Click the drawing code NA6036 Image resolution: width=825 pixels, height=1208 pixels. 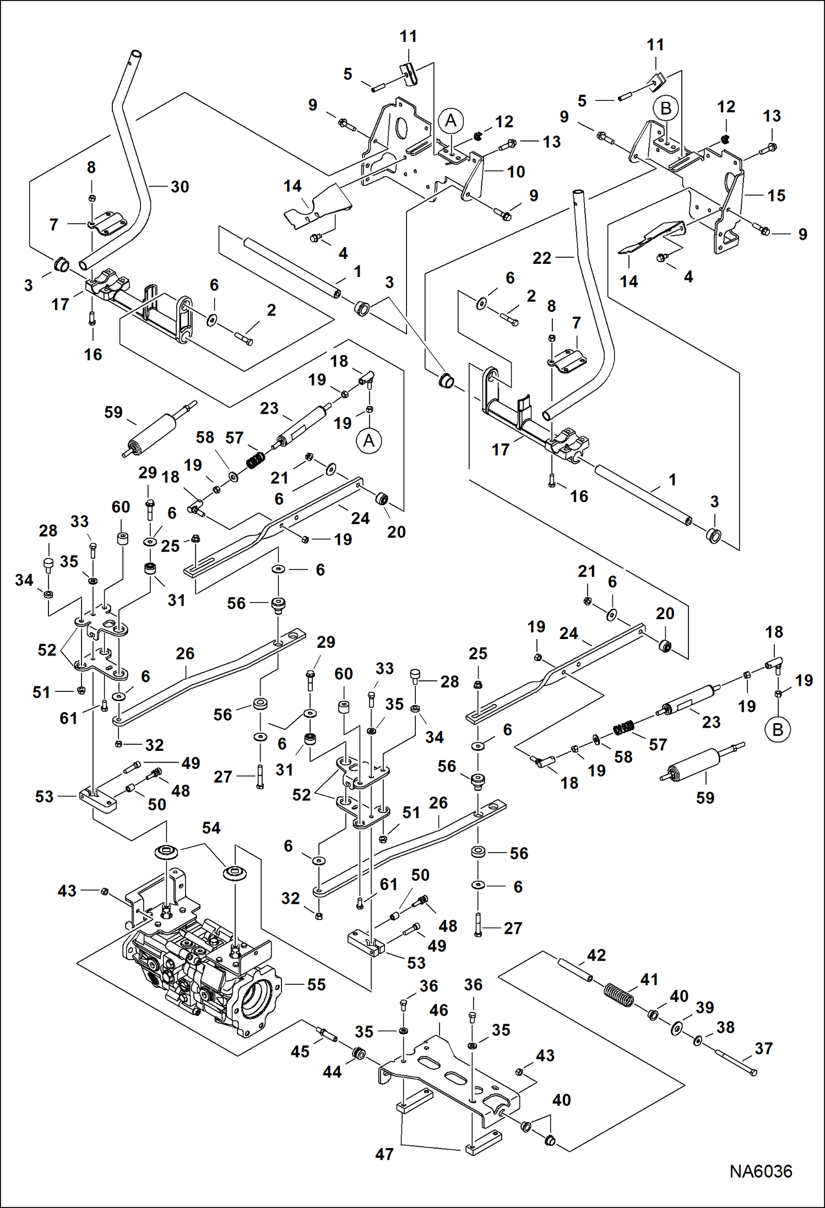click(x=761, y=1171)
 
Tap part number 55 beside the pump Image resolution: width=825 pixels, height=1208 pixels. click(x=316, y=984)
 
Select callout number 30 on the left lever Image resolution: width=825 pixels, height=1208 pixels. click(x=180, y=187)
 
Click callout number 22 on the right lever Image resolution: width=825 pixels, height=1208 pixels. click(x=541, y=258)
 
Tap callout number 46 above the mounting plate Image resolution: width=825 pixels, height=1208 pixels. click(x=438, y=1010)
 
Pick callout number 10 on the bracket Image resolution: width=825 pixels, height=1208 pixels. click(x=515, y=172)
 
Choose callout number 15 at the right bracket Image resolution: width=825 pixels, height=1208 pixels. click(x=776, y=196)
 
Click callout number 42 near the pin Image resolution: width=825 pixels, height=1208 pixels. click(x=596, y=955)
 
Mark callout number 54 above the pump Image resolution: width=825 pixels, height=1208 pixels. click(x=211, y=828)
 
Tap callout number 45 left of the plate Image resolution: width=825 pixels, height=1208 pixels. click(x=300, y=1052)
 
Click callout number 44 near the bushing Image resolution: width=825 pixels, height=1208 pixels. click(x=332, y=1071)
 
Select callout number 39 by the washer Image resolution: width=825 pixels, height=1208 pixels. click(x=704, y=1007)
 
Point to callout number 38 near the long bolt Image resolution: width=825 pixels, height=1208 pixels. click(x=725, y=1027)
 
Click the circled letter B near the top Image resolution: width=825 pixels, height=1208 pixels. click(x=665, y=108)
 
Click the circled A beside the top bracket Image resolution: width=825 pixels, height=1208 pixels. click(x=451, y=121)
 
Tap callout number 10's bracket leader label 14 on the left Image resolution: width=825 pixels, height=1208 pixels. click(x=292, y=186)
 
